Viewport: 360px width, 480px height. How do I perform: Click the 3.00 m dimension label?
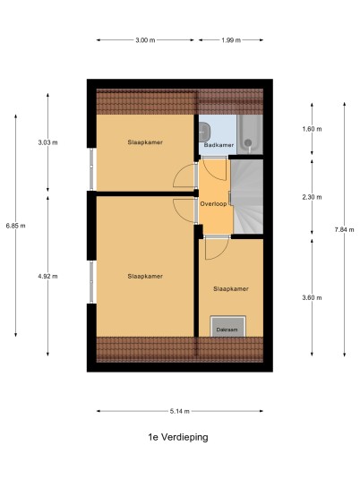(145, 40)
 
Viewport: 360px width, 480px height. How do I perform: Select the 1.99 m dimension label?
(231, 40)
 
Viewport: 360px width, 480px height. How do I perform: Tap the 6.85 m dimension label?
(15, 226)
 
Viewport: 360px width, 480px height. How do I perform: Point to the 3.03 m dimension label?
(47, 142)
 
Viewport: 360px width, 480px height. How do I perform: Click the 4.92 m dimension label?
(47, 276)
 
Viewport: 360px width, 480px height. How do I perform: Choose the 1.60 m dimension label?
(312, 129)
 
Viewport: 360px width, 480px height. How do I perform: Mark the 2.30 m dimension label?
(312, 197)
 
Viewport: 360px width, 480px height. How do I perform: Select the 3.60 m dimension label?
(312, 297)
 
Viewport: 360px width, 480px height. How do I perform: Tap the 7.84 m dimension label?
(345, 229)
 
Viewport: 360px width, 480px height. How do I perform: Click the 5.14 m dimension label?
(180, 411)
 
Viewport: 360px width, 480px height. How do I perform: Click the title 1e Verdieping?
(178, 437)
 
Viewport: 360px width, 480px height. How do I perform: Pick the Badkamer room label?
(219, 145)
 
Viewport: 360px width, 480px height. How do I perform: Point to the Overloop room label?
(213, 204)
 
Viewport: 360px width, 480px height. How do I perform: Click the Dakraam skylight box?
(228, 326)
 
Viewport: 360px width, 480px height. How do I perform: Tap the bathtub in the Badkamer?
(250, 134)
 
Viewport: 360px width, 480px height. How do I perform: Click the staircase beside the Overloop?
(247, 196)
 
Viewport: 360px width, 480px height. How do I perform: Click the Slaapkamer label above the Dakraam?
(231, 289)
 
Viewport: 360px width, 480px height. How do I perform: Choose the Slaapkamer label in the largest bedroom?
(145, 276)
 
